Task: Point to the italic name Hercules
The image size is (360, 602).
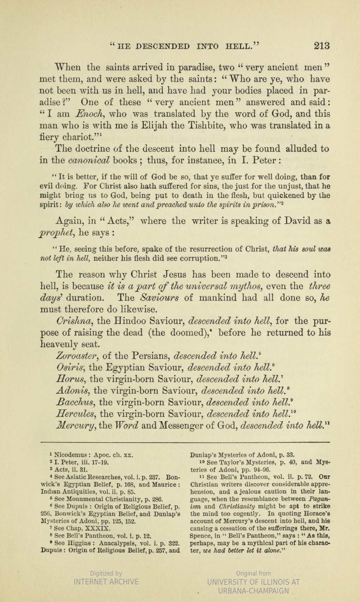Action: click(x=76, y=414)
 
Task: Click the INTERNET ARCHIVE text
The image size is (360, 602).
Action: click(x=106, y=582)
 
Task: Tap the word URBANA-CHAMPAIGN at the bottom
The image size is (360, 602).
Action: click(x=254, y=591)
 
